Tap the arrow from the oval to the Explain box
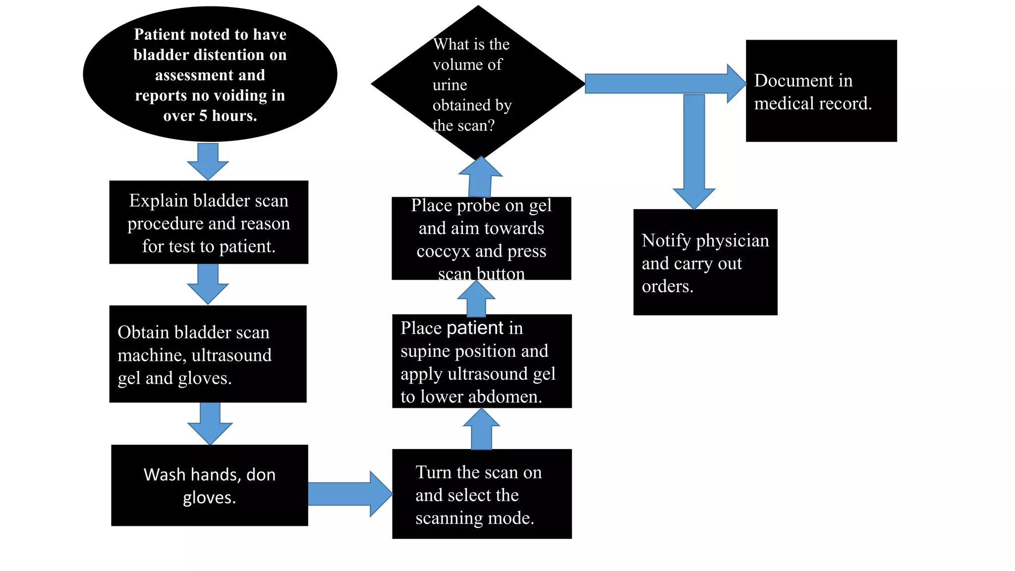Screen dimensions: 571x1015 [208, 162]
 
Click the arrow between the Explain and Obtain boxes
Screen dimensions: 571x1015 [208, 284]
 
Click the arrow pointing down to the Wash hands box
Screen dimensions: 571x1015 [210, 424]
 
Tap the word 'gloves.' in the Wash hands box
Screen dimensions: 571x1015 [209, 498]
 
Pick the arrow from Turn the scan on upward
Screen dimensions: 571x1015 [481, 429]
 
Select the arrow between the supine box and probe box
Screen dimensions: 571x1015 [476, 299]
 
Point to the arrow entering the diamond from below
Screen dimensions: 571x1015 [480, 177]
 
